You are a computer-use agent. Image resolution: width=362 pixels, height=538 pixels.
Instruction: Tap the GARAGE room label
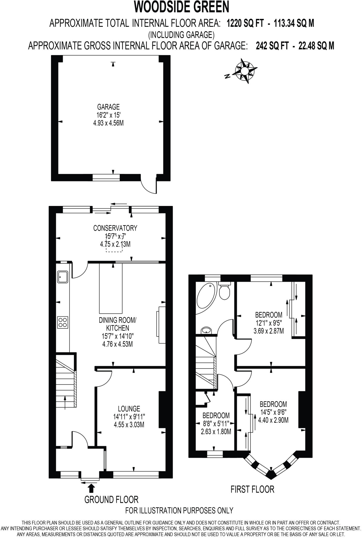pyautogui.click(x=108, y=107)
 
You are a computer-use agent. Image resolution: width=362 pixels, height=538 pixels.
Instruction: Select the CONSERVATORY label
pyautogui.click(x=115, y=228)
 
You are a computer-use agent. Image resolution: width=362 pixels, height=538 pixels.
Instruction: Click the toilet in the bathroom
pyautogui.click(x=225, y=291)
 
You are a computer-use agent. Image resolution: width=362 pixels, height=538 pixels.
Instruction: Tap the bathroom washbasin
pyautogui.click(x=207, y=330)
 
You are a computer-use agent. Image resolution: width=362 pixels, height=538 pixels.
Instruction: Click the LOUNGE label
pyautogui.click(x=129, y=408)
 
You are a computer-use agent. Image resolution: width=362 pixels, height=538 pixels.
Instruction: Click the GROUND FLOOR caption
pyautogui.click(x=111, y=499)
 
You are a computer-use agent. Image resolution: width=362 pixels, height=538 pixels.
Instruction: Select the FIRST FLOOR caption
pyautogui.click(x=252, y=489)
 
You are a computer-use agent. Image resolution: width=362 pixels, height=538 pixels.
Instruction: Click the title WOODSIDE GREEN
pyautogui.click(x=182, y=7)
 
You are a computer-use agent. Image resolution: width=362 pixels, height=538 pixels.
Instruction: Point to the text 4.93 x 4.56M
pyautogui.click(x=108, y=123)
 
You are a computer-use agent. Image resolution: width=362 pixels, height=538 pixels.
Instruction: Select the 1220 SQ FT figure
pyautogui.click(x=245, y=24)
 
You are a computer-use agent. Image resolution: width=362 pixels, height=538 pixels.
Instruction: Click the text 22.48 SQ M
pyautogui.click(x=316, y=46)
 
